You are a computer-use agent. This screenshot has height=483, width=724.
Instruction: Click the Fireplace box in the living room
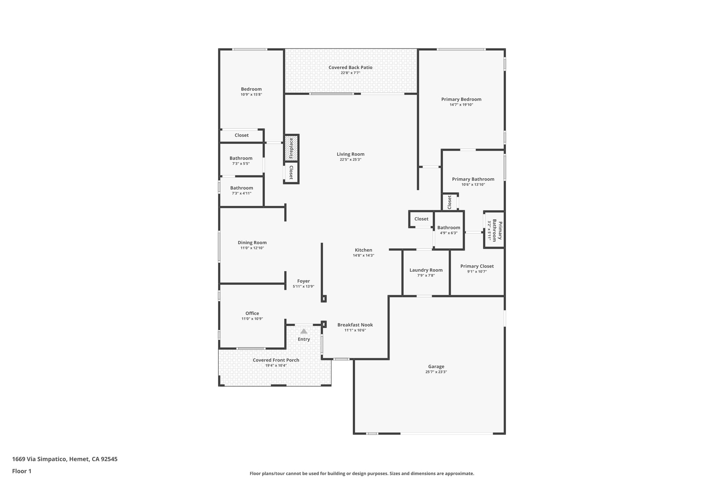[x=291, y=148]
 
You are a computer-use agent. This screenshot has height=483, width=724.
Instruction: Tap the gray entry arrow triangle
[x=304, y=331]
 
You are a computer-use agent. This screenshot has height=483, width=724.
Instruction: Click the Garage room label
[x=436, y=367]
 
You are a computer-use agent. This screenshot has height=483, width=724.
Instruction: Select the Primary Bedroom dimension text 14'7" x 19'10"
[x=461, y=105]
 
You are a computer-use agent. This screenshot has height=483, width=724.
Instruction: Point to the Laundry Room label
[x=426, y=270]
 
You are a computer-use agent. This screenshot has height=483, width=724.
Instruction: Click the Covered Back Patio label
[x=350, y=68]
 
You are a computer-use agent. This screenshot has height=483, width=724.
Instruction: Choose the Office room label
[x=252, y=313]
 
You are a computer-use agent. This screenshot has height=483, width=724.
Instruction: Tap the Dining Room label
[x=252, y=242]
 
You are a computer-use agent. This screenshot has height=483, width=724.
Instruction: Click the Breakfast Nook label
[x=355, y=325]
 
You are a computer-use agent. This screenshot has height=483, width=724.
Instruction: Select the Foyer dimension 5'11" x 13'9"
[x=303, y=287]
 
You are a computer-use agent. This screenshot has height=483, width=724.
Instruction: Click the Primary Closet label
[x=477, y=266]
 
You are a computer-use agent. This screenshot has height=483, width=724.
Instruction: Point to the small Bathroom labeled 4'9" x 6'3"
[x=449, y=230]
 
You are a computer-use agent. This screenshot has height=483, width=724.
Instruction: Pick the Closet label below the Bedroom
[x=241, y=135]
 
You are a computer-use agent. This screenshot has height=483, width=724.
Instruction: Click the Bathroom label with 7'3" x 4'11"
[x=241, y=188]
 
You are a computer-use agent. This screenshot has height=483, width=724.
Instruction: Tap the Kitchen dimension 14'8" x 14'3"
[x=363, y=255]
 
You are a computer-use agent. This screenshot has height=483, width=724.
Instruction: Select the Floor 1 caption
[x=22, y=471]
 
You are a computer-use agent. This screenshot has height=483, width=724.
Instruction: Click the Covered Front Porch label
[x=276, y=360]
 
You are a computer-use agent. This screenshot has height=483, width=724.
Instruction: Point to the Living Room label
[x=350, y=154]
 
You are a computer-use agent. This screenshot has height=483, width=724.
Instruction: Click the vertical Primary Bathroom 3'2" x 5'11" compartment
[x=494, y=230]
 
